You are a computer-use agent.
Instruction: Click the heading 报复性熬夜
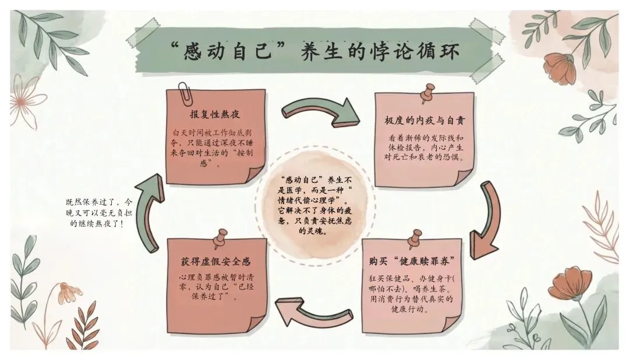pos(215,114)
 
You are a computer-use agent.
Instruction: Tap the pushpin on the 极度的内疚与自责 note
pos(429,92)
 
